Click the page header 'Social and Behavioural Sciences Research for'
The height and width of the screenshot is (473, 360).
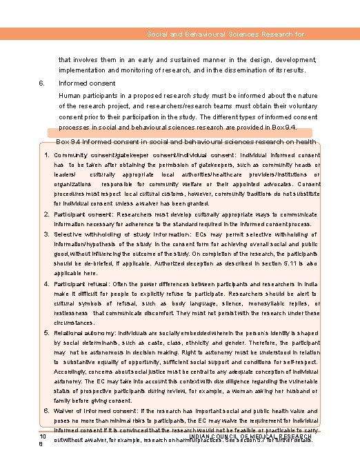(x=226, y=34)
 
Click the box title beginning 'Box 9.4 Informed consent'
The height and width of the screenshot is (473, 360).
(x=186, y=141)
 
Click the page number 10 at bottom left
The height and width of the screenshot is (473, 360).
(x=43, y=437)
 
